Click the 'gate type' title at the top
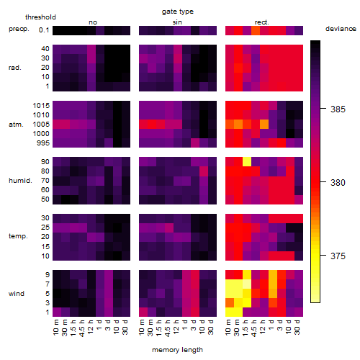[178, 12]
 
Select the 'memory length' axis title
[177, 350]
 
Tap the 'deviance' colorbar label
[341, 29]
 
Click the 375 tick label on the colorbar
[338, 256]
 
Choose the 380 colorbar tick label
[338, 183]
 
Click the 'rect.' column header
[262, 22]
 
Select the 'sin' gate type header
[177, 22]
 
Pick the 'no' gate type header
[93, 22]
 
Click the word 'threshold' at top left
[40, 17]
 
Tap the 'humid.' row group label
[20, 181]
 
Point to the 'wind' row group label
[17, 294]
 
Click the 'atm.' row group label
[16, 125]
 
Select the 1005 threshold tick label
[41, 125]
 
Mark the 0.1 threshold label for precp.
[44, 30]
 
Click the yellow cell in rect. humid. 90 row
[247, 161]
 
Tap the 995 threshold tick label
[43, 143]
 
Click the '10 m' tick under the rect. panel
[229, 327]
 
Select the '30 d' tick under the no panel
[125, 327]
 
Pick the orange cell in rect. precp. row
[256, 30]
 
